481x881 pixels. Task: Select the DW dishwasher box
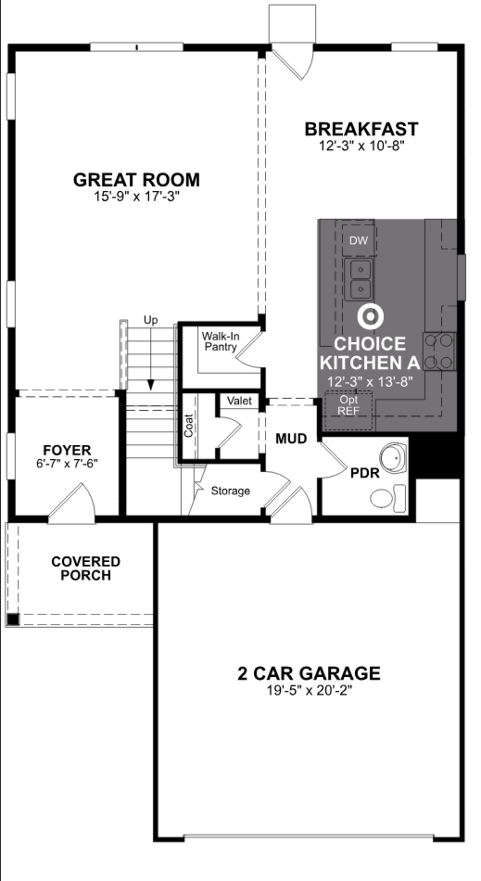tap(359, 240)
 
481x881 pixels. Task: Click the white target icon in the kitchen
tap(370, 316)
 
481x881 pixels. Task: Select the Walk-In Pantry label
tap(220, 341)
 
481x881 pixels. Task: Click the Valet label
tap(239, 401)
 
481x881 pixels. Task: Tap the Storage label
tap(230, 491)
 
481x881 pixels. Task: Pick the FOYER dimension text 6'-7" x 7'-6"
tap(67, 463)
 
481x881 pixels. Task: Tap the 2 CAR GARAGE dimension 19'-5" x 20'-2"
tap(309, 690)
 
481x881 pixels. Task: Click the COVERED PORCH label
tap(86, 568)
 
